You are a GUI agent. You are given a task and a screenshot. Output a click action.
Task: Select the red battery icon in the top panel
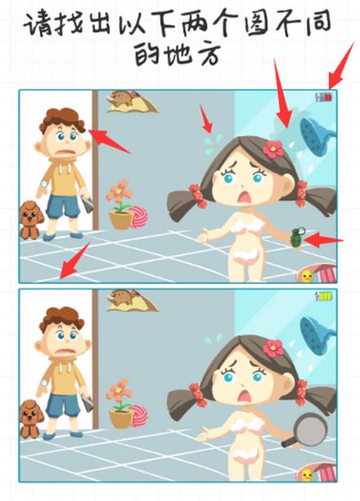coord(324,97)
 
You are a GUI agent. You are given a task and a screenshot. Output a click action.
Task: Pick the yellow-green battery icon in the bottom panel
coord(323,297)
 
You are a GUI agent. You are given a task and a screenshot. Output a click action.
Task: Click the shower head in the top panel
coord(317,135)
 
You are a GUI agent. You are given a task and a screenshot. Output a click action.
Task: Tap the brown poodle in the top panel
coord(31,220)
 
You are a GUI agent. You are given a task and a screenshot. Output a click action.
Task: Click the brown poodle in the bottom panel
coord(31,419)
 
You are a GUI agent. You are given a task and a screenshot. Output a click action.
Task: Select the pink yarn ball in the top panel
coord(138,217)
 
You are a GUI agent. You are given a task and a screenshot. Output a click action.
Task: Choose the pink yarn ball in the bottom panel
coord(138,416)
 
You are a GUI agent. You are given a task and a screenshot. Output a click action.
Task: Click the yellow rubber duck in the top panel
coord(307,275)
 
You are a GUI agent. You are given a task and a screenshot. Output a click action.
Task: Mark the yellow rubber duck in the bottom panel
coord(307,475)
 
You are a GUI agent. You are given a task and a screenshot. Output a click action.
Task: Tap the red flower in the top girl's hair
coord(273,149)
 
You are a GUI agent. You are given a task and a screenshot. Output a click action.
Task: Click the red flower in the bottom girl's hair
coord(273,349)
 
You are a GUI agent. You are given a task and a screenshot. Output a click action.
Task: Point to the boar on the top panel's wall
coord(121,98)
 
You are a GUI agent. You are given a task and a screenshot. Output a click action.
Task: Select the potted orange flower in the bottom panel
coord(120,403)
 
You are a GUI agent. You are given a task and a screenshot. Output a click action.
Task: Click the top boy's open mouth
coord(66,152)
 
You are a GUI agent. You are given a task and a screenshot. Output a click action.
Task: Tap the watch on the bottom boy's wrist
coord(44,384)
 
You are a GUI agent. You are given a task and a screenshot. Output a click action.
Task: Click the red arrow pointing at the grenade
coord(323,240)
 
